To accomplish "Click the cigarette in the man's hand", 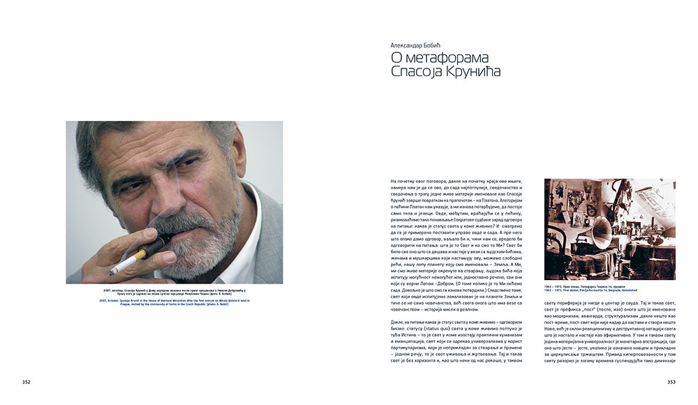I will click(122, 267).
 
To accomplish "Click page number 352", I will click(26, 382).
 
